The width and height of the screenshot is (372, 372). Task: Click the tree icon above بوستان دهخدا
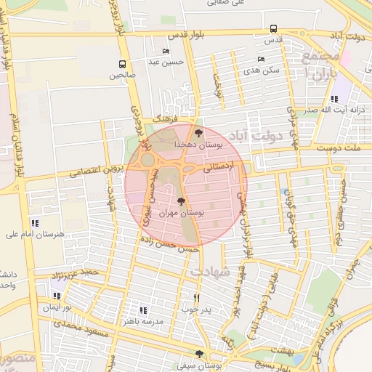(x=198, y=132)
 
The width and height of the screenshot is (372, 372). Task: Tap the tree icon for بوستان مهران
(x=180, y=201)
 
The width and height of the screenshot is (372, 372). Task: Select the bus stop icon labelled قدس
(x=273, y=29)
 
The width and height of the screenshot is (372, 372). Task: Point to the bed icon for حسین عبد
(x=166, y=51)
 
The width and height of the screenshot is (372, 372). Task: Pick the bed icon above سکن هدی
(x=261, y=59)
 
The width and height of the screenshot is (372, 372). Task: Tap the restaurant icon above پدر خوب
(x=196, y=298)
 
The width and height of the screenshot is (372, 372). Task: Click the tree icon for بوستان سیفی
(x=199, y=354)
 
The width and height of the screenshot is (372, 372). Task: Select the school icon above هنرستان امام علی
(x=34, y=223)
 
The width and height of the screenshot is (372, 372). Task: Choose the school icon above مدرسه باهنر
(x=142, y=310)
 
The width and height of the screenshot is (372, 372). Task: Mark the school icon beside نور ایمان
(x=56, y=296)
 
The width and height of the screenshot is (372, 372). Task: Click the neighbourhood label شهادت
(x=210, y=271)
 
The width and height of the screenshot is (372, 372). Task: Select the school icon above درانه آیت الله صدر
(x=333, y=99)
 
